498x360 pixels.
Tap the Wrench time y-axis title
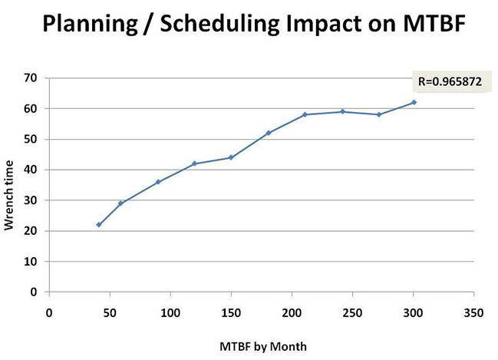12,185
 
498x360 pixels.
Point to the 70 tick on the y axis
31,78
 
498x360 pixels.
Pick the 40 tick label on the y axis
31,170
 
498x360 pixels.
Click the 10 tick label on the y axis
31,262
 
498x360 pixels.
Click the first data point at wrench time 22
99,225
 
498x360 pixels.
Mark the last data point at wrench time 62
414,102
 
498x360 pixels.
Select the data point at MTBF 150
231,157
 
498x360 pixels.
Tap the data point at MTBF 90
158,182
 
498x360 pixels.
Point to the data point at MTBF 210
305,114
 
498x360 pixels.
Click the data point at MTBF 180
269,133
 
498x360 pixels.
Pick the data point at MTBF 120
195,163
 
